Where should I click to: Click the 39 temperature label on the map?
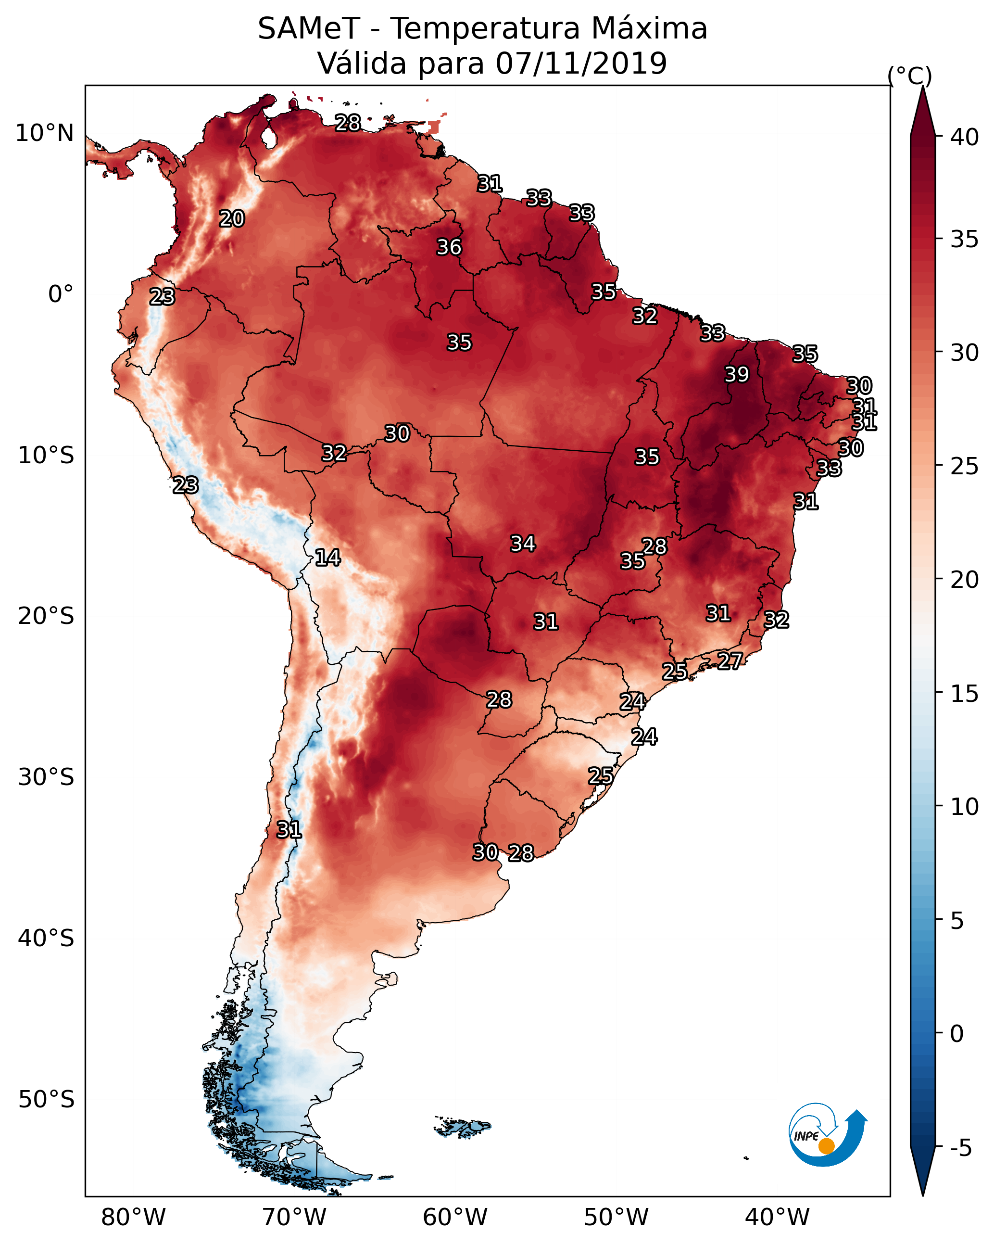(737, 374)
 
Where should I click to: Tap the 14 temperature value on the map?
(327, 558)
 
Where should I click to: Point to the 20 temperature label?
(232, 219)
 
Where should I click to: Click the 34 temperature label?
(523, 544)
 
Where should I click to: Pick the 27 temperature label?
(730, 660)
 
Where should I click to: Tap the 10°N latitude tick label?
(44, 133)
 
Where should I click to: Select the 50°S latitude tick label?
(46, 1100)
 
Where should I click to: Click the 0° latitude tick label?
(61, 294)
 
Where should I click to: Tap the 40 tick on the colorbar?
(965, 137)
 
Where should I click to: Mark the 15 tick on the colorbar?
(965, 694)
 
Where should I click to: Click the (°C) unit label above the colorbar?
(910, 76)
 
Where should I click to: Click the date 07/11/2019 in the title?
(581, 63)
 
